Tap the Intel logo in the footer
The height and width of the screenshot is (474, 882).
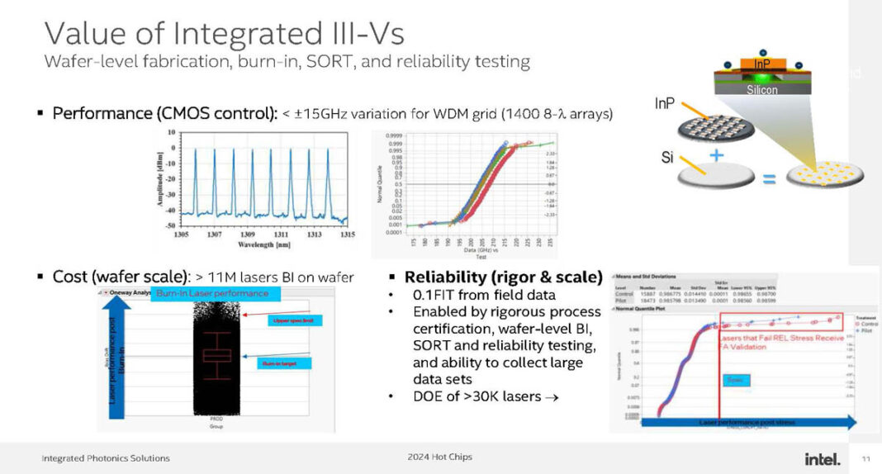822,458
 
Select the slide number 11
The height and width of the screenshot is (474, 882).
865,459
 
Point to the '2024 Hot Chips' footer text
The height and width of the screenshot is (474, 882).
440,457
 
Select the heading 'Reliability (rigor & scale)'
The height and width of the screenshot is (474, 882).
503,276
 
